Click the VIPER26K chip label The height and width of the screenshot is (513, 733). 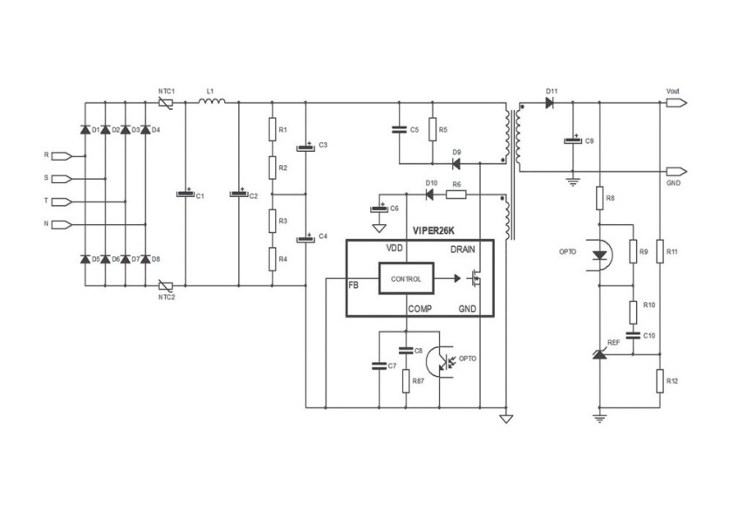(434, 230)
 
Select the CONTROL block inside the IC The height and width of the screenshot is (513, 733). (407, 278)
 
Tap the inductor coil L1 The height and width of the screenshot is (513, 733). (212, 101)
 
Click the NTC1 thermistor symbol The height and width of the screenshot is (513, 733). (166, 103)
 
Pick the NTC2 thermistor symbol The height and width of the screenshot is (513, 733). (166, 285)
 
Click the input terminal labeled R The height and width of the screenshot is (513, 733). (62, 156)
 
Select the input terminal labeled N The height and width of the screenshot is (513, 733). (62, 225)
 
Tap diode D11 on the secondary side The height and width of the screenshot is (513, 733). (551, 102)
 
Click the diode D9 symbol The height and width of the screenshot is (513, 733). (456, 163)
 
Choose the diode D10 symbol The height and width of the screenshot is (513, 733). (429, 195)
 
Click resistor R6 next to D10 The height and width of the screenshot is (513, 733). (456, 195)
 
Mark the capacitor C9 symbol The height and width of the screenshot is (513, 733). (572, 140)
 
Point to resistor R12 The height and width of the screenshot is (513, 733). (660, 380)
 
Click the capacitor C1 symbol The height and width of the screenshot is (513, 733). (185, 194)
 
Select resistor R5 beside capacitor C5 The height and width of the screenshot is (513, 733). (433, 129)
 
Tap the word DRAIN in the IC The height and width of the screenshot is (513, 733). (462, 250)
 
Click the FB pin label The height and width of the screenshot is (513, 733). (353, 284)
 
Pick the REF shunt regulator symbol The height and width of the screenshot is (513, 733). (599, 354)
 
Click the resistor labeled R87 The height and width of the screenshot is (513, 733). (406, 380)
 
